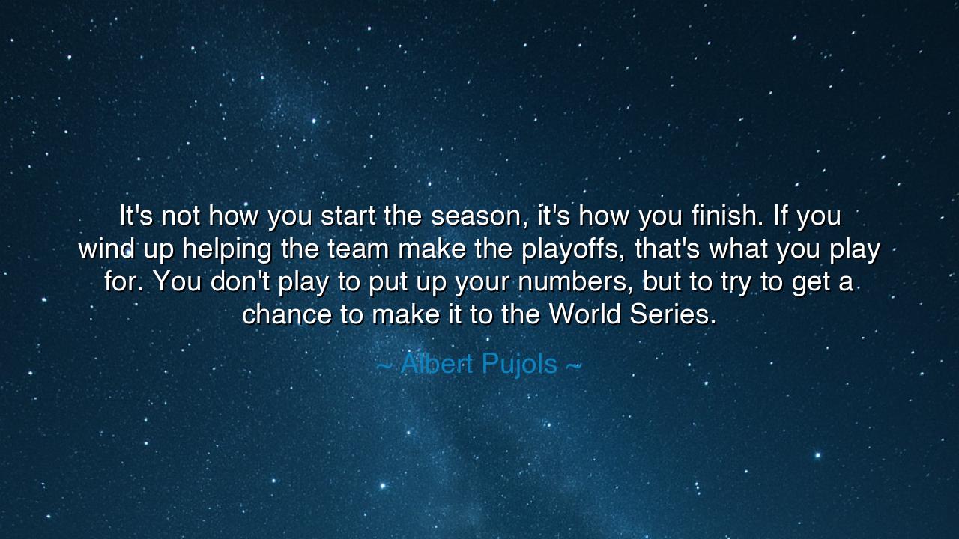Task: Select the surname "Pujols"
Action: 519,365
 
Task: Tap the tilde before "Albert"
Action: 384,365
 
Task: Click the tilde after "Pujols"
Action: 573,365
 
